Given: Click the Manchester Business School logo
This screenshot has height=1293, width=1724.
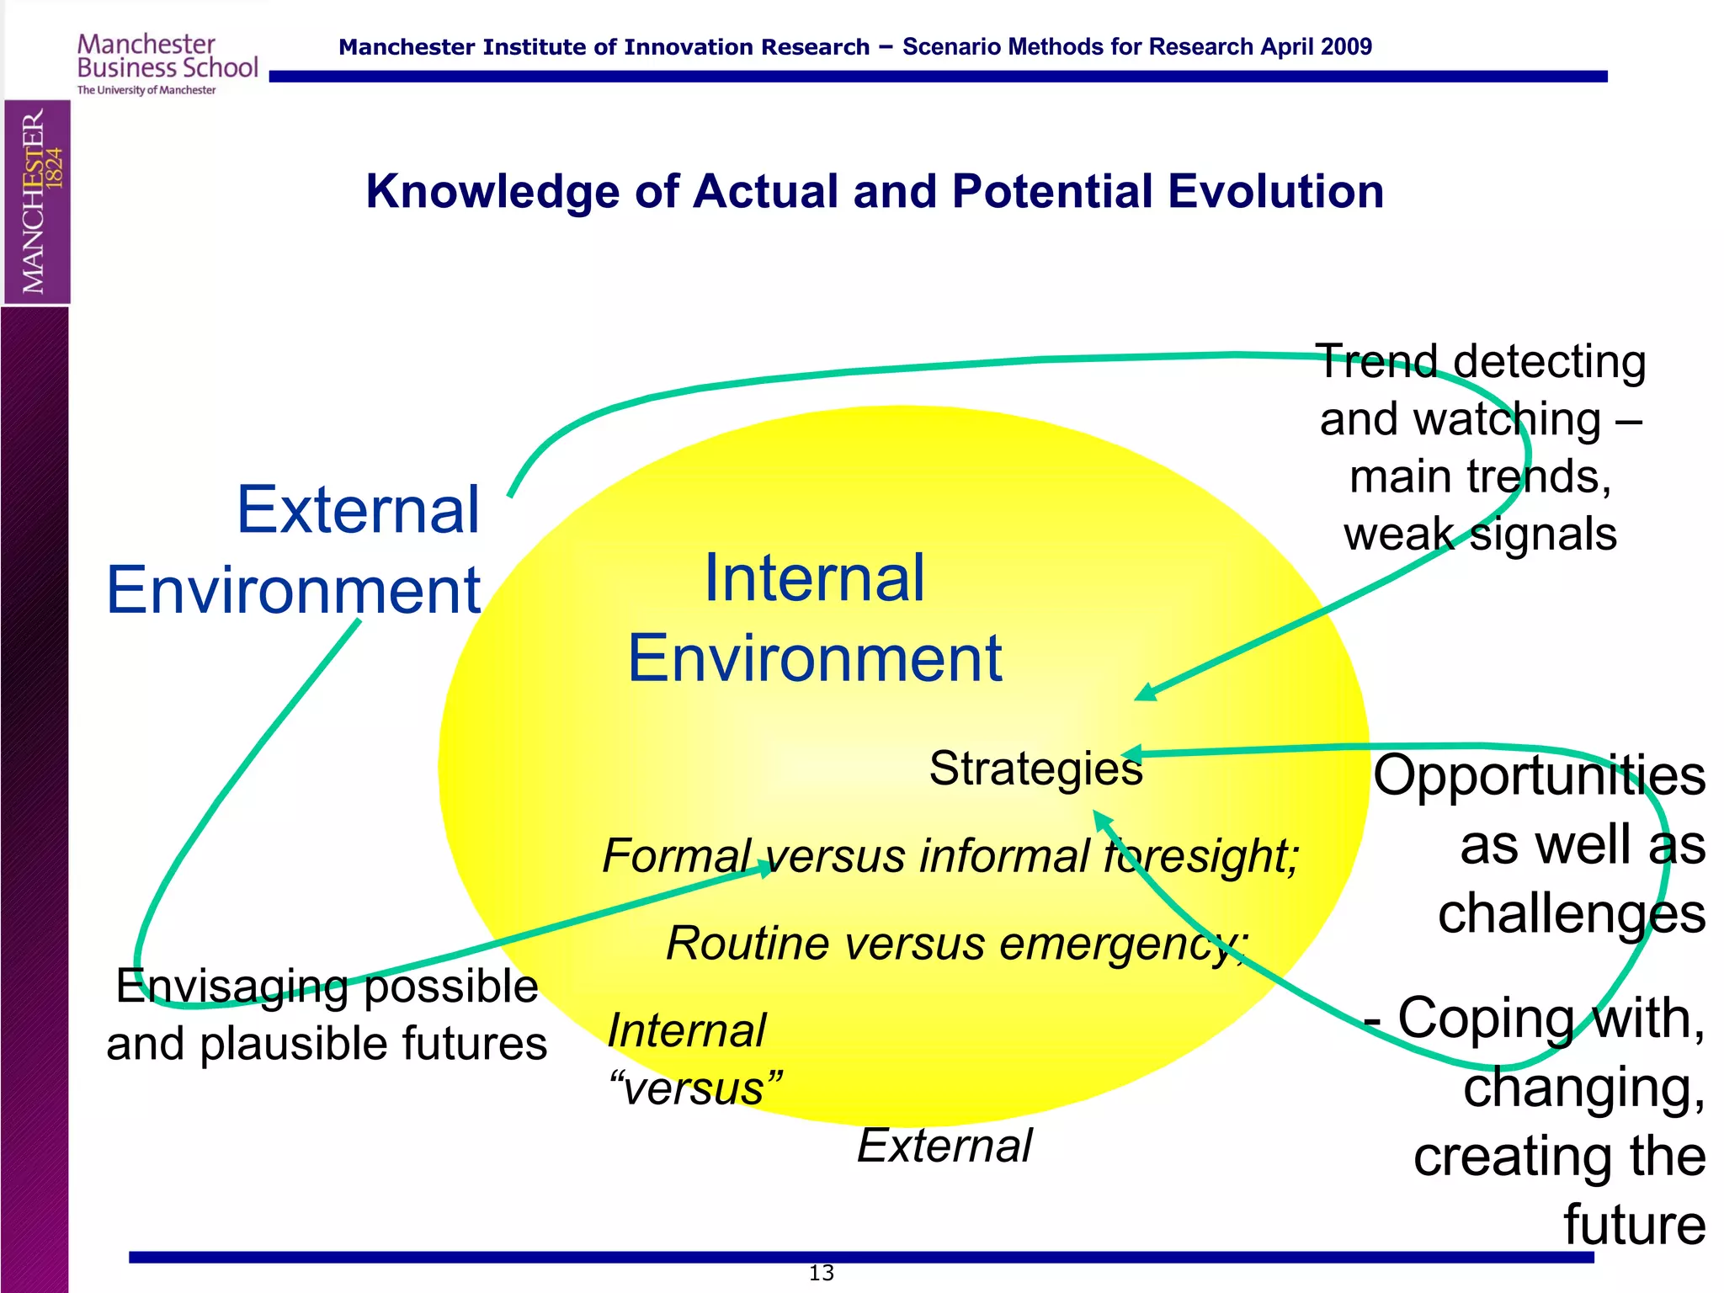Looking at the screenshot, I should [x=167, y=63].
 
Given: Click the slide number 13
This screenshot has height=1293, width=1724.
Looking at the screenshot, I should [x=821, y=1273].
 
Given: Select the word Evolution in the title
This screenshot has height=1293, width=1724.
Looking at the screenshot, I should [x=1275, y=191].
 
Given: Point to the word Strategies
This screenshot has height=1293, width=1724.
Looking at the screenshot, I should [x=1035, y=769].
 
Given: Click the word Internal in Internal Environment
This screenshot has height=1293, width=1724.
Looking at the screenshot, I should [x=814, y=578].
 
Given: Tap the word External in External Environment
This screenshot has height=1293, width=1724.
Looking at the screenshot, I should [x=358, y=510].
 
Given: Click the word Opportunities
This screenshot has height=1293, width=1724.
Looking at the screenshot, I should [x=1539, y=775].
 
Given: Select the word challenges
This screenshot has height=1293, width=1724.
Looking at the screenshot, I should [x=1571, y=913].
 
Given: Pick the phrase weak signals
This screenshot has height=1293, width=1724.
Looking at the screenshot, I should [x=1480, y=535].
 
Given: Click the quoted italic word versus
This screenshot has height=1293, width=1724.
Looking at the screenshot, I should [x=694, y=1088].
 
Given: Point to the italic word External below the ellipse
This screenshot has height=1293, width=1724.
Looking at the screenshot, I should [x=944, y=1146].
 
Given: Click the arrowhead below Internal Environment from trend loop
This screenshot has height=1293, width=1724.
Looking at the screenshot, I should [x=1146, y=692].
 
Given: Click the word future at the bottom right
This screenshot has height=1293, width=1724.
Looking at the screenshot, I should [x=1634, y=1225].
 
